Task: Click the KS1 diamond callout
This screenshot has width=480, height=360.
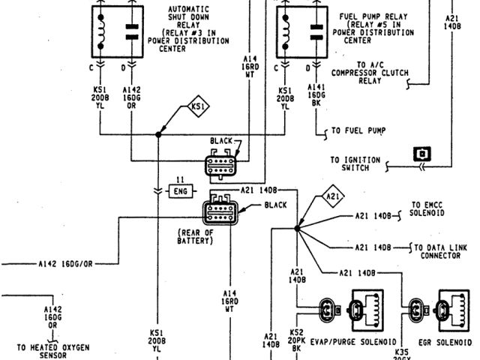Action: point(197,106)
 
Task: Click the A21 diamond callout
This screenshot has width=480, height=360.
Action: point(331,197)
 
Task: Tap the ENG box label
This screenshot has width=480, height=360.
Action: point(180,192)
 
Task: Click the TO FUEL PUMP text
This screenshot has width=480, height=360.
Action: point(359,130)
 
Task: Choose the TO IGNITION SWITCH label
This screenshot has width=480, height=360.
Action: point(355,163)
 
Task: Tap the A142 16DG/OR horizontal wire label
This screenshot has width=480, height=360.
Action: point(66,264)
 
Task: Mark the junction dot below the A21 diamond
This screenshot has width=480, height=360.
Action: point(298,228)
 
